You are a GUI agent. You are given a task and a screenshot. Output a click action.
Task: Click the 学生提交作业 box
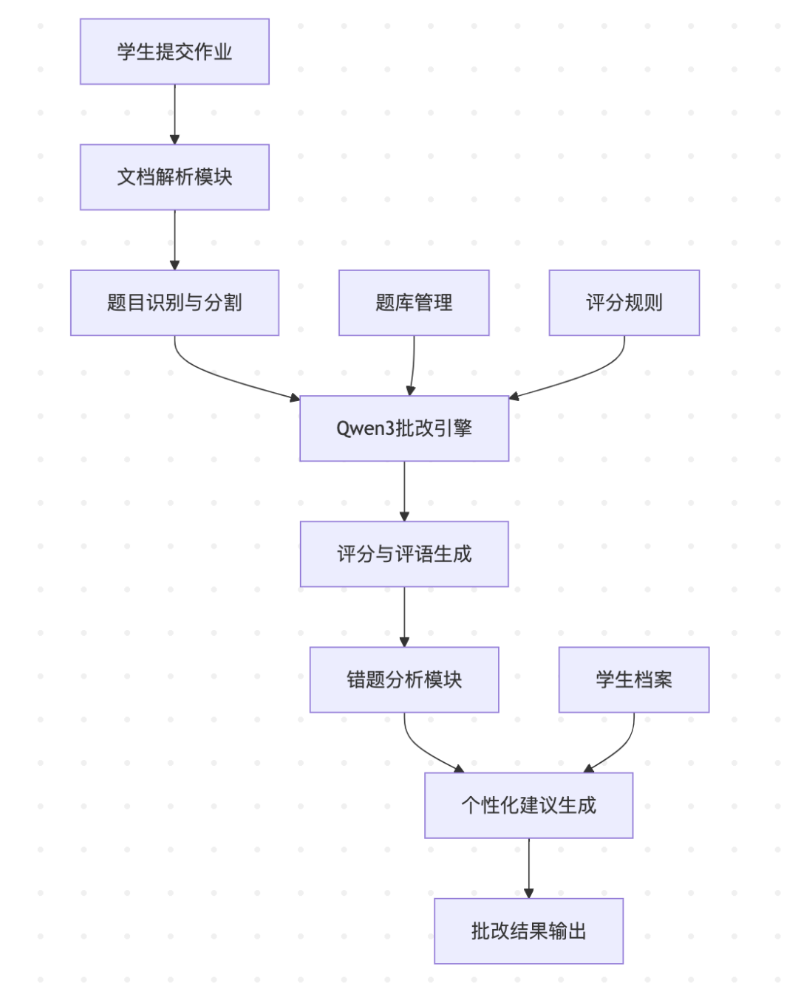[x=174, y=52]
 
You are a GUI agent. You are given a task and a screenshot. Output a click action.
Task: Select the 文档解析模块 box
[x=174, y=177]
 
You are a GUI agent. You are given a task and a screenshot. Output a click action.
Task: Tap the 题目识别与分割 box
[x=174, y=303]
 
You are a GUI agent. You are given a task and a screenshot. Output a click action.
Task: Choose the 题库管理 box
[x=414, y=303]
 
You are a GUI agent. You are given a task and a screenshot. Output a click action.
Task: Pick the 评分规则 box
[x=624, y=303]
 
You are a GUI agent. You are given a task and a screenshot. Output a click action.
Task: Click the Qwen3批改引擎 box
[x=404, y=428]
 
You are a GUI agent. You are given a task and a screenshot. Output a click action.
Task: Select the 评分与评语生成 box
[x=404, y=554]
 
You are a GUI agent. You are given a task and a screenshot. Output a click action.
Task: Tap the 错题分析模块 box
[x=404, y=679]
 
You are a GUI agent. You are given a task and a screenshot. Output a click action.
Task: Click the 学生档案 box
[x=633, y=679]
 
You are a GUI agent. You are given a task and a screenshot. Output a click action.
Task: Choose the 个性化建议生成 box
[x=528, y=805]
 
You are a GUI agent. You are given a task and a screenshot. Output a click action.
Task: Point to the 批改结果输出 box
[x=528, y=931]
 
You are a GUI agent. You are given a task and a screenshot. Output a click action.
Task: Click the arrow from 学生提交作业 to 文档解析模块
[x=174, y=114]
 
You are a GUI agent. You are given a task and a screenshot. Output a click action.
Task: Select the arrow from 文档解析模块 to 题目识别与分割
[x=174, y=239]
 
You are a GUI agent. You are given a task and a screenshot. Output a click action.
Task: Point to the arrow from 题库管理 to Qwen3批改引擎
[x=412, y=366]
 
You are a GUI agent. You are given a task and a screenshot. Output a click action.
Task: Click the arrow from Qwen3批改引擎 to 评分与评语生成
[x=404, y=490]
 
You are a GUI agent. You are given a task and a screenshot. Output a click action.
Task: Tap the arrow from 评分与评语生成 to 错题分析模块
[x=404, y=616]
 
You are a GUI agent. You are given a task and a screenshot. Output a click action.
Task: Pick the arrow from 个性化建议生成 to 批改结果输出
[x=528, y=868]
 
